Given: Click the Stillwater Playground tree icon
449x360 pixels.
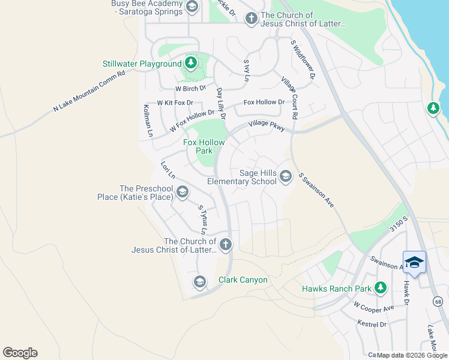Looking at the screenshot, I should (191, 64).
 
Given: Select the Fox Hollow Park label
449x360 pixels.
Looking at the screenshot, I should (204, 146).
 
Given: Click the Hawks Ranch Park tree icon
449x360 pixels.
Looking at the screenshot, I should (380, 289).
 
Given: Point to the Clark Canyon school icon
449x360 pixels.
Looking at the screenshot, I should (200, 281).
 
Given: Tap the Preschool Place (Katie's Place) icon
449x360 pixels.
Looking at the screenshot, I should (182, 192).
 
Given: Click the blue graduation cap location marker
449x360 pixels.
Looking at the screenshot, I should (414, 262).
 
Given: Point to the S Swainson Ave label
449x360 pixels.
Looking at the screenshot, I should (316, 191).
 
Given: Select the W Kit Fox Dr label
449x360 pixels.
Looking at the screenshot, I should (175, 103).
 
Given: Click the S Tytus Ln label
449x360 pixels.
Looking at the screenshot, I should (203, 220).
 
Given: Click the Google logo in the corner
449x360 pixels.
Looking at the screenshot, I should (20, 353).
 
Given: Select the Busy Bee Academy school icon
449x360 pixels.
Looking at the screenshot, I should (191, 8).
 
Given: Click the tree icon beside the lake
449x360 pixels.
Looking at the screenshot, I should (433, 108).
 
